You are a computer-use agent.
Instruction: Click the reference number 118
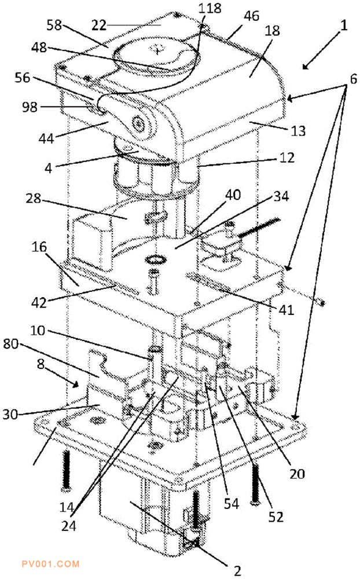(210, 8)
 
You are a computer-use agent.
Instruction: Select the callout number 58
(54, 25)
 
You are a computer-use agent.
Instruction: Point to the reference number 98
(30, 107)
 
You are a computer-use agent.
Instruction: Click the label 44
(46, 138)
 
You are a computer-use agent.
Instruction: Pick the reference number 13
(298, 131)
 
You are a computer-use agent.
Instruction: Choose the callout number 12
(287, 157)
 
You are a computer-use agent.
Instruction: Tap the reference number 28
(33, 198)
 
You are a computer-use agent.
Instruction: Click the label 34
(281, 196)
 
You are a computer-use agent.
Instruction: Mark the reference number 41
(286, 309)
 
